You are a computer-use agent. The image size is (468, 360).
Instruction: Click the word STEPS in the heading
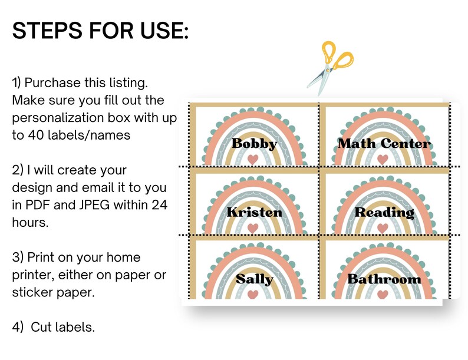coord(47,31)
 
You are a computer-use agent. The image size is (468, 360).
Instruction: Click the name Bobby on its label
coord(254,143)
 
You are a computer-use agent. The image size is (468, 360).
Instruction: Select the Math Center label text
coord(384,143)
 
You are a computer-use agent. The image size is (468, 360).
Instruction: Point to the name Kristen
coord(254,212)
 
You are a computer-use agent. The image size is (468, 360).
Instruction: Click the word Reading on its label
coord(384,212)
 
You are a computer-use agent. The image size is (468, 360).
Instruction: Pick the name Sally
coord(254,279)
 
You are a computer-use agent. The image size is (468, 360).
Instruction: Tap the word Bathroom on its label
coord(384,279)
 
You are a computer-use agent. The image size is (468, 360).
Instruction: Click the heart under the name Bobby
coord(253,160)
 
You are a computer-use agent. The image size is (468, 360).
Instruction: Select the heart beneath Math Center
coord(383,160)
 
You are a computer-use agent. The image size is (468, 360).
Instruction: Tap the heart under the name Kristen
coord(253,229)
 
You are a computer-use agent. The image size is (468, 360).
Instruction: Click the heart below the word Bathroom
coord(383,295)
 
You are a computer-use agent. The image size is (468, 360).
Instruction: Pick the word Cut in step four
coord(39,327)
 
